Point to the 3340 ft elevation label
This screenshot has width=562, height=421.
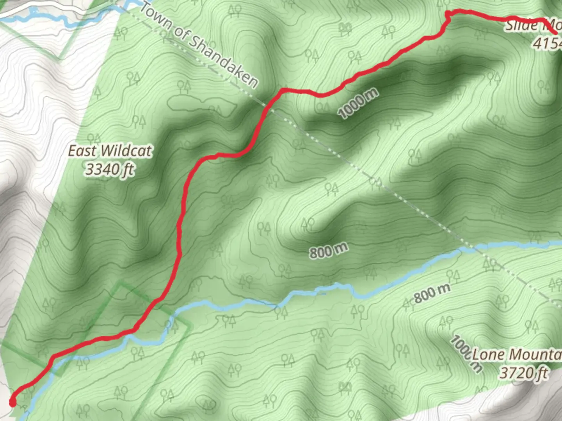tap(110, 170)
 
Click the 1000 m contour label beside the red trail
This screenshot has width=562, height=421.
tap(358, 103)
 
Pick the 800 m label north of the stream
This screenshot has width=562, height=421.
tap(329, 251)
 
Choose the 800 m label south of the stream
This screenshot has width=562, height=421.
tap(432, 293)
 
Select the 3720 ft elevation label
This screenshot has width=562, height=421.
tap(524, 373)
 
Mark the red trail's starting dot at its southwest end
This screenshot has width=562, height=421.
tap(12, 402)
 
